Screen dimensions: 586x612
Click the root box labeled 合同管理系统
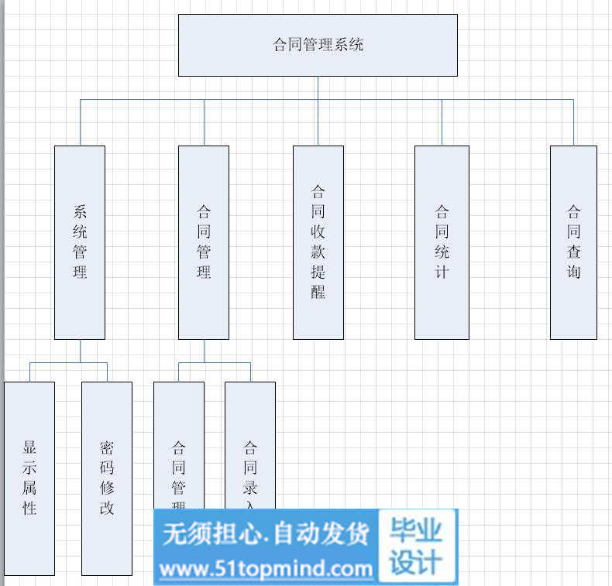click(318, 45)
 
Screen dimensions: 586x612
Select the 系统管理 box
click(80, 242)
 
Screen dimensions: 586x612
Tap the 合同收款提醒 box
click(318, 242)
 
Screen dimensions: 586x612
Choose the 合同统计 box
click(442, 242)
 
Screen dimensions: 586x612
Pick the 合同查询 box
click(573, 242)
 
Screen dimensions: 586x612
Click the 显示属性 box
click(29, 478)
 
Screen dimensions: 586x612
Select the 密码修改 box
click(107, 478)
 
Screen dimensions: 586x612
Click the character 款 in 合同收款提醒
click(318, 252)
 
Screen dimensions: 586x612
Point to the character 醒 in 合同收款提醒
click(318, 293)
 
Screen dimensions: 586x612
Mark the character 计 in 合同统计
click(442, 272)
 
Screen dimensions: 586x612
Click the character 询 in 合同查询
click(573, 272)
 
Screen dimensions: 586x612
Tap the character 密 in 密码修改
click(107, 447)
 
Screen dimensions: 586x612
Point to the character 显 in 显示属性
click(29, 447)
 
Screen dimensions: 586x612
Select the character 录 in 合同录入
click(250, 488)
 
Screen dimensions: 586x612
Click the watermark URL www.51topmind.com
click(266, 570)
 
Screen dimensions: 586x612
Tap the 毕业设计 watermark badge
click(417, 547)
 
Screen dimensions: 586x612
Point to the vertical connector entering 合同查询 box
click(573, 122)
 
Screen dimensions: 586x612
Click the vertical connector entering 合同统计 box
click(442, 122)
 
